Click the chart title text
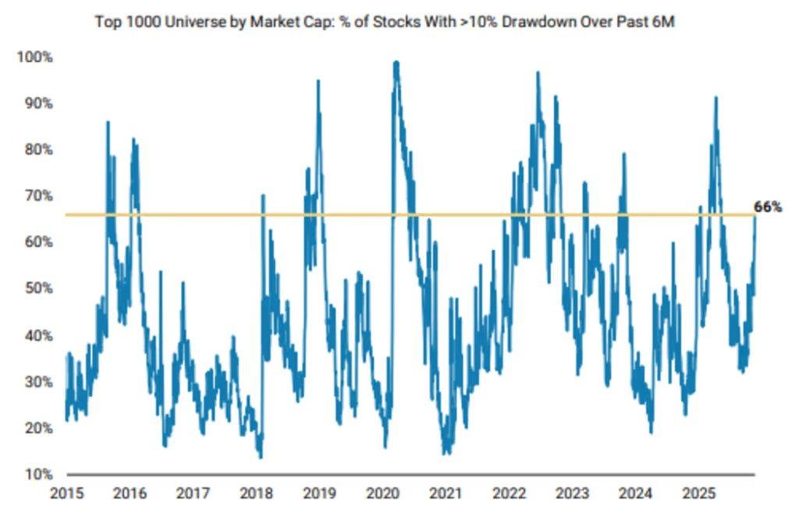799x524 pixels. pos(385,21)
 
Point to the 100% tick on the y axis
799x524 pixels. pos(34,57)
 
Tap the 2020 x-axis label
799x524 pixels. pos(382,493)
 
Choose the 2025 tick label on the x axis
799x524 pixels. pos(698,493)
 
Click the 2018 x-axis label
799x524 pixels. pos(256,493)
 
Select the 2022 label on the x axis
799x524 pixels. pos(509,493)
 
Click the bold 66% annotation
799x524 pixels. pos(768,207)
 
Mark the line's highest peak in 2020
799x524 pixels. pos(396,62)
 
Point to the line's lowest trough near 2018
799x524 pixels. pos(260,457)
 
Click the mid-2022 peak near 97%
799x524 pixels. pos(538,73)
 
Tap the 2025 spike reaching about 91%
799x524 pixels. pos(716,97)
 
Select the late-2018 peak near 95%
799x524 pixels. pos(318,80)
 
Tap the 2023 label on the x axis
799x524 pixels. pos(572,493)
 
